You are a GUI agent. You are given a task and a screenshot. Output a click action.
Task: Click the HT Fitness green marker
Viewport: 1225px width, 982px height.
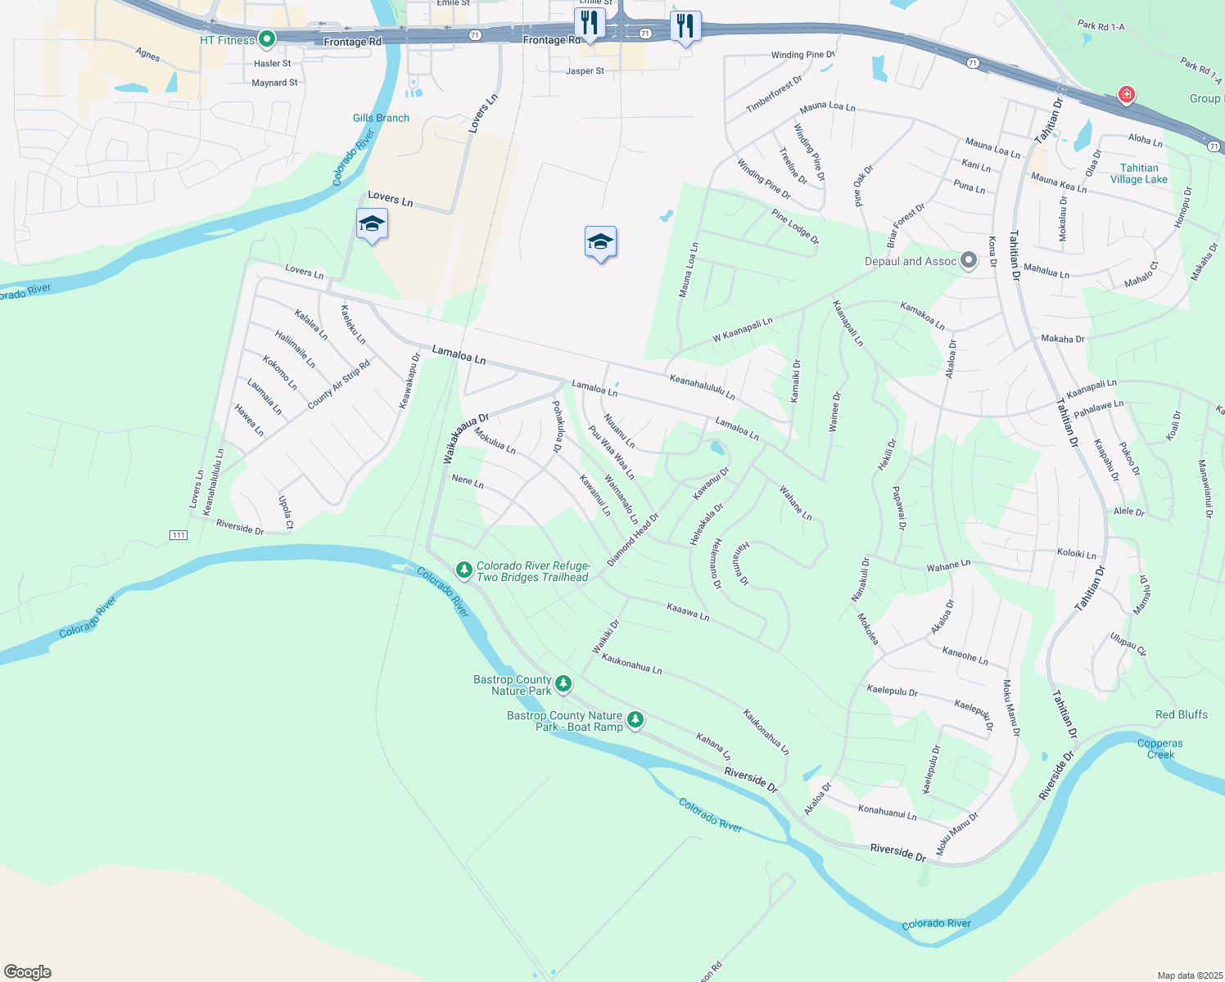[x=266, y=38]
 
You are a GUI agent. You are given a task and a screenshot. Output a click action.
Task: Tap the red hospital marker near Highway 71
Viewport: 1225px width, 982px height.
[x=1126, y=94]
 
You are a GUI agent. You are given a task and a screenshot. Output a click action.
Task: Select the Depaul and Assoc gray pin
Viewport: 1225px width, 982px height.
[x=969, y=261]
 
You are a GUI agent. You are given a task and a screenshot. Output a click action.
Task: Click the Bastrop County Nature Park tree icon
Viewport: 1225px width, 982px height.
[x=563, y=683]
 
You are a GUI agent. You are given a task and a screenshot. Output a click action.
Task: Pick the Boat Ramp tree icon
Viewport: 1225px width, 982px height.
[x=635, y=719]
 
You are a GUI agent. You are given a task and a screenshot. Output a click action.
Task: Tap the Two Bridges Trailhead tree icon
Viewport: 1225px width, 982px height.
[x=463, y=569]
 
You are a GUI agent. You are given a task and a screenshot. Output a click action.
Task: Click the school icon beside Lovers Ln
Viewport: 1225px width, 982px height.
[x=372, y=224]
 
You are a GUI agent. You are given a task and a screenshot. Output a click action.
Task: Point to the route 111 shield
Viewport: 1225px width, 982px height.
[x=179, y=535]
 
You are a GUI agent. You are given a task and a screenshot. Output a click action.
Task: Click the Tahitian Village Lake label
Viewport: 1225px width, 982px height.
[x=1138, y=173]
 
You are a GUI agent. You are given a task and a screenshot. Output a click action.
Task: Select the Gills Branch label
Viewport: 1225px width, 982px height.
[x=381, y=118]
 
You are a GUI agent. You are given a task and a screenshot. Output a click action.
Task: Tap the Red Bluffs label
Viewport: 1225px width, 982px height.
[x=1181, y=714]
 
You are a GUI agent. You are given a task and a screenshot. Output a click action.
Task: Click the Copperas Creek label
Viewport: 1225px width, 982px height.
[x=1159, y=749]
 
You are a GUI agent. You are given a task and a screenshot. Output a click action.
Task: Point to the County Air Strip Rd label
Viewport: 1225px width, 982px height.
[x=338, y=385]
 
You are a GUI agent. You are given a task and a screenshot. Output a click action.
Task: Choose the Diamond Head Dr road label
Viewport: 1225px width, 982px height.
[x=632, y=540]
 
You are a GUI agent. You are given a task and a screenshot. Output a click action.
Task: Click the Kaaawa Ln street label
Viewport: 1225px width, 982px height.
[x=688, y=611]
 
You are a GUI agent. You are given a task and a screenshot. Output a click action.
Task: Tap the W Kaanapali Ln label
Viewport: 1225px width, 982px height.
[x=742, y=331]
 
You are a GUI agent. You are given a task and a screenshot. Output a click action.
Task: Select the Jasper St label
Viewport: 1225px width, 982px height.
[x=585, y=71]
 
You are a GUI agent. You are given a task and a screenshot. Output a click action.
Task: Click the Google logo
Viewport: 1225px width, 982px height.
[x=28, y=971]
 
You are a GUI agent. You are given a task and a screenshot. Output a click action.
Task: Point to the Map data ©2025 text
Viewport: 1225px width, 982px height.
[x=1188, y=975]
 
